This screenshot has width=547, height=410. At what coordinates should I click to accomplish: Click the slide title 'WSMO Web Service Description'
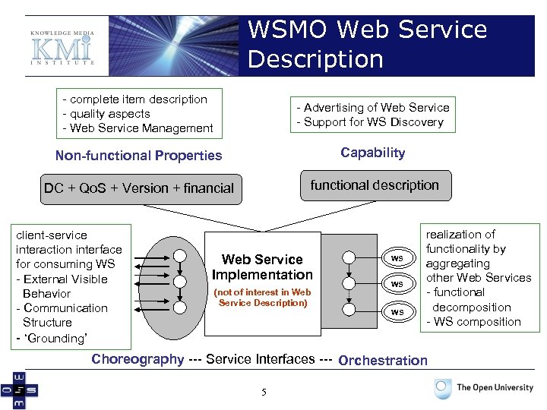click(368, 44)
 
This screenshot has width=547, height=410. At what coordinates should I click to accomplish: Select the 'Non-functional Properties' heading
click(138, 156)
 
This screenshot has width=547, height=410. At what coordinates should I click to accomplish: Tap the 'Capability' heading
click(372, 153)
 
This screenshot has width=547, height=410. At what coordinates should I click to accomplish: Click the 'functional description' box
click(375, 185)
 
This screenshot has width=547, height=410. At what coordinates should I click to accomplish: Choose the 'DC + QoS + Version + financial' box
click(139, 188)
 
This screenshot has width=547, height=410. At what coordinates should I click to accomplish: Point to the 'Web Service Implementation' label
click(262, 267)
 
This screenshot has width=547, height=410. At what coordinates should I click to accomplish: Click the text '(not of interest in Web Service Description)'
click(262, 298)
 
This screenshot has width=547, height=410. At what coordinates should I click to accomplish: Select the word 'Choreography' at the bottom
click(138, 359)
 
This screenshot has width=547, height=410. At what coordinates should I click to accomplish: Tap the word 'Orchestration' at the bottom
click(383, 361)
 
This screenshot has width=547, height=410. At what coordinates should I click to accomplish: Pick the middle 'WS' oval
click(397, 284)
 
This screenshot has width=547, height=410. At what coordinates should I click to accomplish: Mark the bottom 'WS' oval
click(397, 311)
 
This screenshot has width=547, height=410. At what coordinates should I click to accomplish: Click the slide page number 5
click(264, 392)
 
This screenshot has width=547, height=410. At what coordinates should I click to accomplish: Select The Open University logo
click(484, 388)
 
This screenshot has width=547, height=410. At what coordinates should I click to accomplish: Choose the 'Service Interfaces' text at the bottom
click(260, 359)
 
